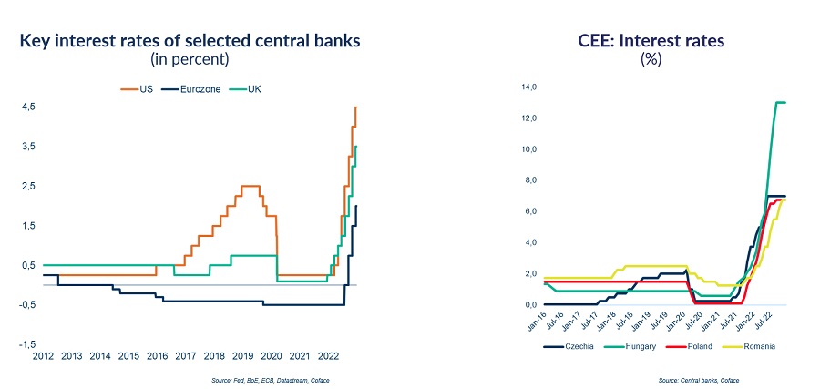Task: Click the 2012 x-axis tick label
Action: click(43, 355)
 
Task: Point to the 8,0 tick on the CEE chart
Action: click(528, 180)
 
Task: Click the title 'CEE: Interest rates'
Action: click(651, 40)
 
